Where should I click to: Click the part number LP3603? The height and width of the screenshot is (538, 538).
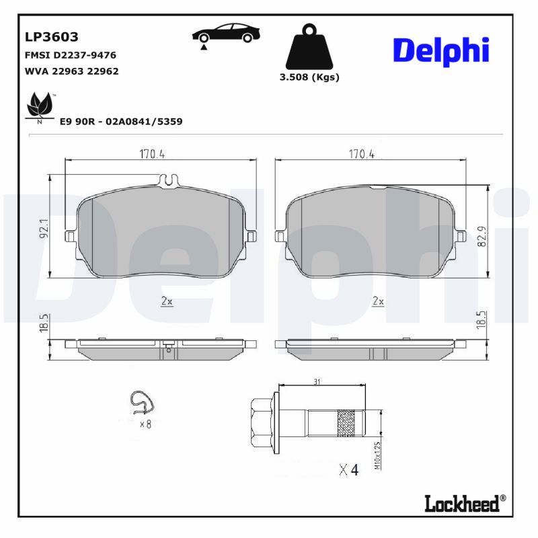(52, 37)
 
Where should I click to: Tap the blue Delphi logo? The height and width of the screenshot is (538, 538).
(440, 52)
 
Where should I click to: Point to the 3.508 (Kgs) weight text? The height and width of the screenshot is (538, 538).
(309, 77)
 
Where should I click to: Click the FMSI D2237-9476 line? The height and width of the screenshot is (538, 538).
(71, 54)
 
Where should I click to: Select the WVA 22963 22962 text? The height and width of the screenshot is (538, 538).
(71, 71)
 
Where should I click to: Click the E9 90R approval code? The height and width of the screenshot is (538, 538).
(121, 122)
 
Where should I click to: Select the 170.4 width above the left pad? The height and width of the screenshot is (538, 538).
(153, 154)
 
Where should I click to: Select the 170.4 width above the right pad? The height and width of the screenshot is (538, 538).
(362, 154)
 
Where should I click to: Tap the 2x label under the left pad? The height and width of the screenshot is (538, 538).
(167, 302)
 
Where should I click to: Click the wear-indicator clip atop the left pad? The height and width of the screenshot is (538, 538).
(169, 180)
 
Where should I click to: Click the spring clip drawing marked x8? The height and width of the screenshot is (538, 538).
(141, 403)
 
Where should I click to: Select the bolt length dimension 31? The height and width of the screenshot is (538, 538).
(316, 382)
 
